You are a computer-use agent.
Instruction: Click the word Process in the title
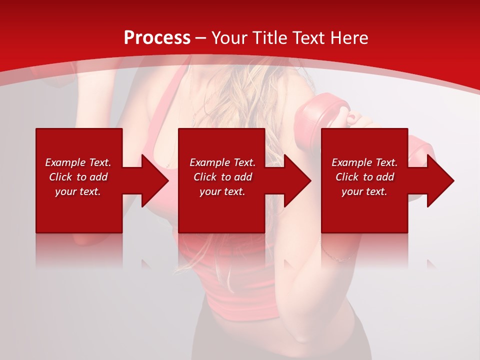coord(157,38)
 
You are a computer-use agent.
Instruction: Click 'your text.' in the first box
coord(78,191)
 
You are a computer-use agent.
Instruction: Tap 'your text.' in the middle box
coord(222,191)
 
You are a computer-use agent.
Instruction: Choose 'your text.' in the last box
coord(364,191)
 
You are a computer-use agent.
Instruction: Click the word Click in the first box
coord(60,177)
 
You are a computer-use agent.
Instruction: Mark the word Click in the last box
coord(347,177)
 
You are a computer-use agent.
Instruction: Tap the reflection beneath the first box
coord(79,250)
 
